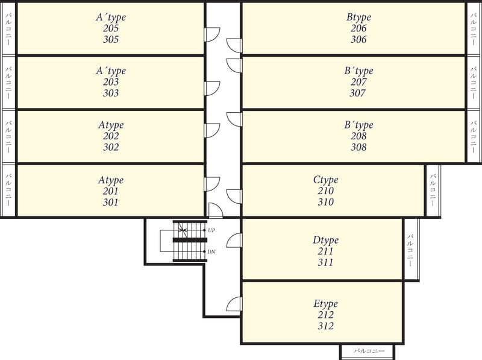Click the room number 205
[x=111, y=28]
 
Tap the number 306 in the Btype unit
[x=358, y=39]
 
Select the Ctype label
[x=325, y=180]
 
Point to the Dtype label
[x=325, y=240]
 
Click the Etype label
[x=325, y=304]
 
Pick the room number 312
[x=325, y=326]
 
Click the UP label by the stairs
[x=211, y=230]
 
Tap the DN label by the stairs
[x=211, y=251]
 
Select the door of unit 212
[x=234, y=304]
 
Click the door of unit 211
[x=234, y=241]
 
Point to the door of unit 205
[x=212, y=34]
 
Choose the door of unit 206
[x=234, y=46]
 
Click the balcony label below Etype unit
[x=369, y=351]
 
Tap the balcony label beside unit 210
[x=433, y=190]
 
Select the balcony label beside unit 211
[x=411, y=250]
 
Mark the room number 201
[x=111, y=191]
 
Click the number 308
[x=358, y=147]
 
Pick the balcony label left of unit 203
[x=8, y=83]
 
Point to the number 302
[x=111, y=147]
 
